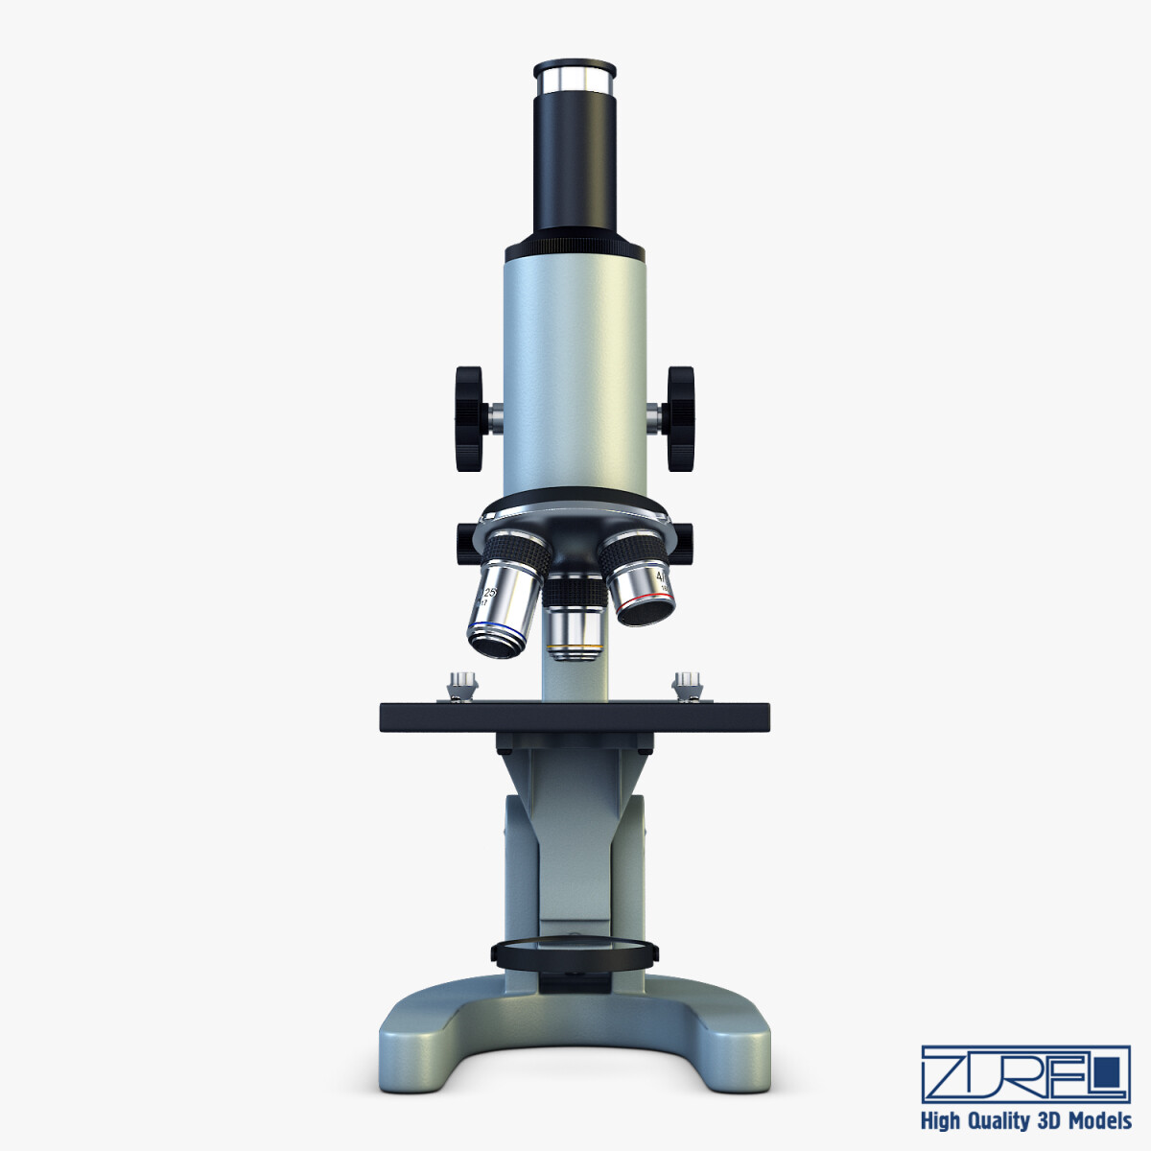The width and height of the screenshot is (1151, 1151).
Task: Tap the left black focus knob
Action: (x=470, y=418)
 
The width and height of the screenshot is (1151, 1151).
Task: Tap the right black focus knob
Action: (x=681, y=418)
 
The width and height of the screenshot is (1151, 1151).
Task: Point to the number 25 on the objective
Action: (x=488, y=594)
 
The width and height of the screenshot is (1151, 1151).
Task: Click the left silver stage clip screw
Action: (x=461, y=686)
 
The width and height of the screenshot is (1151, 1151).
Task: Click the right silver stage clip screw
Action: (x=687, y=686)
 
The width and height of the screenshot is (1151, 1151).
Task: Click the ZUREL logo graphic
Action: (x=1024, y=1072)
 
